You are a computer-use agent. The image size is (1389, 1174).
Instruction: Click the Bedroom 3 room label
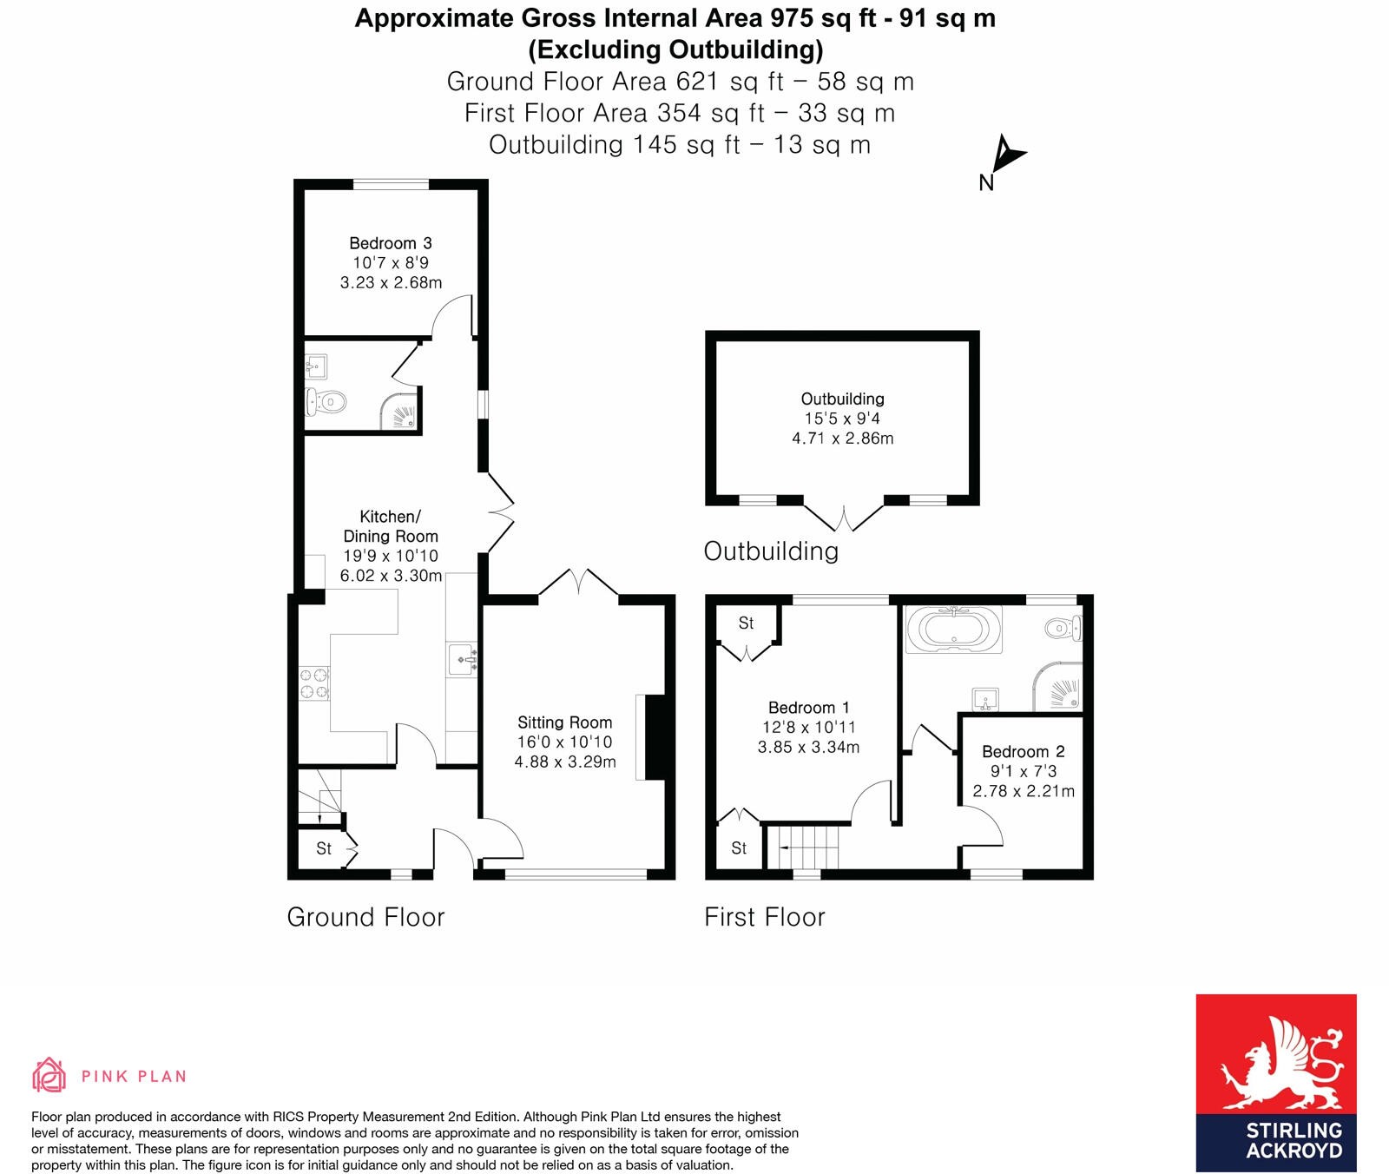point(390,243)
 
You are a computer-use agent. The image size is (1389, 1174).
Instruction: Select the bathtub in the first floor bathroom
point(953,629)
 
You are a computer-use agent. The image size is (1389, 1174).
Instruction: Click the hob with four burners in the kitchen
point(314,683)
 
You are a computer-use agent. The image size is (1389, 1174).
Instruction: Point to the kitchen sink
point(462,660)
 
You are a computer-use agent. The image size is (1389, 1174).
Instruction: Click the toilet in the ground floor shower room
point(327,402)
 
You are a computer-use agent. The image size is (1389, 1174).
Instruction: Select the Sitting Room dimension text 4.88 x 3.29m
point(565,762)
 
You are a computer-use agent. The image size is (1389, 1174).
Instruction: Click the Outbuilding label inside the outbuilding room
point(842,399)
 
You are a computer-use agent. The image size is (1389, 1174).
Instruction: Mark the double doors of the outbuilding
point(844,518)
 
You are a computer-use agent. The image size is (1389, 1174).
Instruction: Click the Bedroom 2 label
point(1023,751)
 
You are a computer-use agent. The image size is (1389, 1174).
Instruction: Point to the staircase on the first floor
point(807,847)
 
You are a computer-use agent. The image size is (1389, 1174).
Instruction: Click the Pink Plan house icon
point(49,1075)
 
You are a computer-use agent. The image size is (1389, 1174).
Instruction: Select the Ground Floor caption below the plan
point(365,917)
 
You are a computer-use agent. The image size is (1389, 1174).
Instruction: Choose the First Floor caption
point(764,917)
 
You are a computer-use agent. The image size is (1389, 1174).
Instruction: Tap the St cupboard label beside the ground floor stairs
point(324,848)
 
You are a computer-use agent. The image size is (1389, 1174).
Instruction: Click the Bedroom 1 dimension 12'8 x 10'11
point(808,728)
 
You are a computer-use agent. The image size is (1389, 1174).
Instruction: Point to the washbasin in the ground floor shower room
point(316,366)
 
